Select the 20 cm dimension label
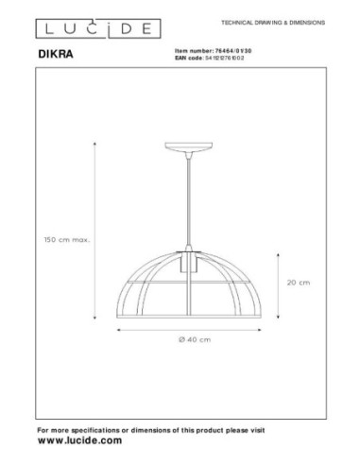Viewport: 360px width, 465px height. point(298,282)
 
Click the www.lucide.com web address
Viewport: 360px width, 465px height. point(79,441)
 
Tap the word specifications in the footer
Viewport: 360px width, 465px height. point(105,430)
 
